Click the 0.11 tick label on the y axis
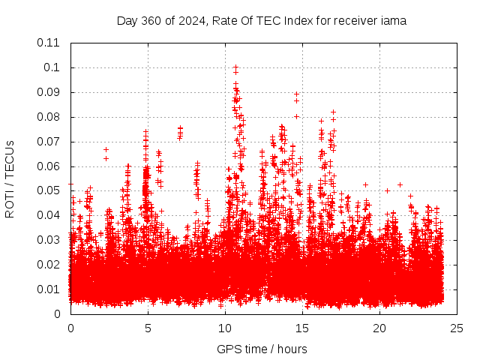coord(49,43)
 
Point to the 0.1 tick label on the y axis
coord(52,67)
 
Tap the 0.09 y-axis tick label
coord(49,92)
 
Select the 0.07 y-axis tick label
coord(49,141)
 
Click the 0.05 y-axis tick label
coord(49,190)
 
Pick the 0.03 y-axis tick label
coord(49,240)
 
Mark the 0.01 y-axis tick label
coord(49,289)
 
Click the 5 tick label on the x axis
coord(148,328)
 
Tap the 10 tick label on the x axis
coord(225,328)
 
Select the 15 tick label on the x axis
coord(302,328)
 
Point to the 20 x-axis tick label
coord(379,328)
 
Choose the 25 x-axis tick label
coord(457,328)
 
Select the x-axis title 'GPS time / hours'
coord(262,349)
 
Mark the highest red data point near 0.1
coord(235,67)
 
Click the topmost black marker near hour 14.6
coord(296,94)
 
